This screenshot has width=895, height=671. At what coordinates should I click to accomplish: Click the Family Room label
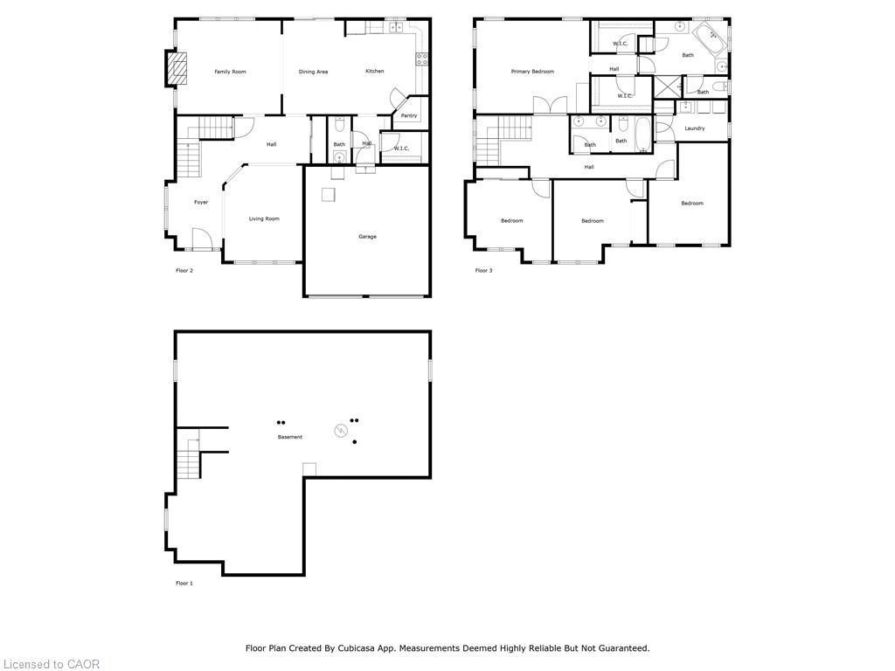coord(231,72)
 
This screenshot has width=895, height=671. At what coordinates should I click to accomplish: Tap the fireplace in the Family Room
coord(177,68)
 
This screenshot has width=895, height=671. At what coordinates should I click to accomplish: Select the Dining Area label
coord(313,72)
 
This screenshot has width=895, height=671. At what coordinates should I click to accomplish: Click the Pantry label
coord(409,115)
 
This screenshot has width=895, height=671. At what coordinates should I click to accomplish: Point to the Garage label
coord(367,237)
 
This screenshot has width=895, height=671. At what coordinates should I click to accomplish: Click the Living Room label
coord(264,218)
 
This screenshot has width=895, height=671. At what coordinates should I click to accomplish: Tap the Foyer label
coord(201,203)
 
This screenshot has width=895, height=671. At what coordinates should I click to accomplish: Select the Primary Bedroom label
coord(532,72)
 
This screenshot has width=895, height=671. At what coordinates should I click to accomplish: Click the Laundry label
coord(695,128)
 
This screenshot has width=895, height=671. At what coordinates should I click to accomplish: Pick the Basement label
coord(290,437)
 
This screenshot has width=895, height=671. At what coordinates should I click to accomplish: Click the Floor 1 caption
coord(184,583)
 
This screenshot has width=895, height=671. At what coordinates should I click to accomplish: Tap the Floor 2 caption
coord(184,271)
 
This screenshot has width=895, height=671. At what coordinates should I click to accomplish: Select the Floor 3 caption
coord(483,271)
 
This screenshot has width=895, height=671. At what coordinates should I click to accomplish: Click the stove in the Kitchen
coord(422,59)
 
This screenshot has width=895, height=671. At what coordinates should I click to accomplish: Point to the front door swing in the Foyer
coord(202,239)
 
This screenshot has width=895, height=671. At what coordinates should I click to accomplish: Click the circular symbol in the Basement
coord(340,431)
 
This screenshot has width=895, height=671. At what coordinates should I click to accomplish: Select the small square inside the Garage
coord(328,195)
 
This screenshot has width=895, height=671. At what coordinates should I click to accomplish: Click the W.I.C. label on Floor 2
coord(401,149)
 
